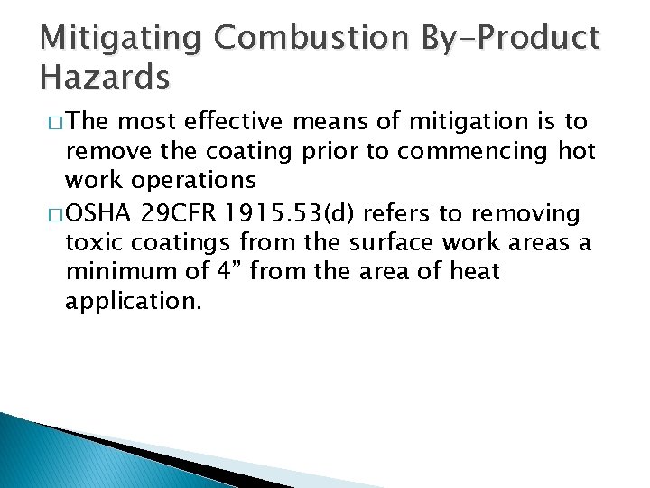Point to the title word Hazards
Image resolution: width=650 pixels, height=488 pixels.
click(x=105, y=78)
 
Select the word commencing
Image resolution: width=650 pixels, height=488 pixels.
click(x=478, y=152)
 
